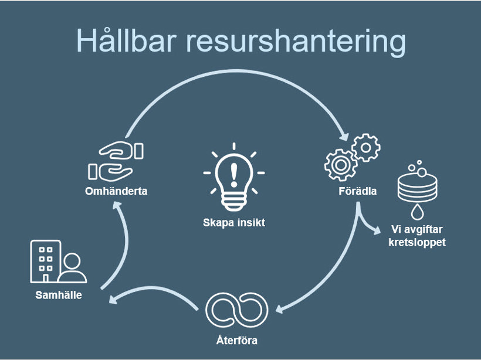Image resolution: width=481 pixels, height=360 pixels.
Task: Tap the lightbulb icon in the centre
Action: point(233,178)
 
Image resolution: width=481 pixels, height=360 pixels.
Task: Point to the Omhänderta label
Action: point(116,191)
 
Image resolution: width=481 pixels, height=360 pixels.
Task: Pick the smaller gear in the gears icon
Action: point(366,147)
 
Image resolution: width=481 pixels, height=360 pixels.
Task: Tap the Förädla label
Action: point(357,191)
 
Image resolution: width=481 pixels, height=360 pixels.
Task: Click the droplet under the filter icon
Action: point(416,210)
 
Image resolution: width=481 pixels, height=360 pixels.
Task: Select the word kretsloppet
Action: point(417,242)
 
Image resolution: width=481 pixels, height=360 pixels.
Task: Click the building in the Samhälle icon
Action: point(45,261)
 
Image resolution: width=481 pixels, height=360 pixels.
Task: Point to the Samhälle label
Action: point(57,295)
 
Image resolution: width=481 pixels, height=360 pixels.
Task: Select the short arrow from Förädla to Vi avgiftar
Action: point(368,225)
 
